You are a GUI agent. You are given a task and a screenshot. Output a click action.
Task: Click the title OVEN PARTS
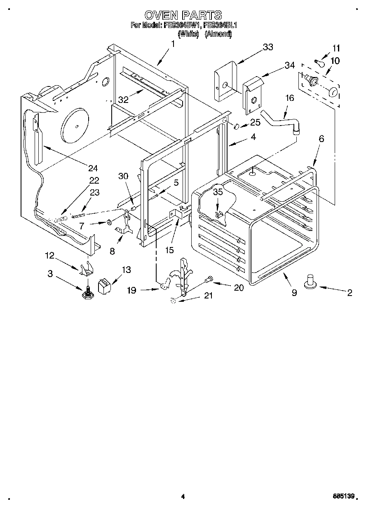coord(183,15)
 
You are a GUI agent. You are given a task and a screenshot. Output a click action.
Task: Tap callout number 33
coord(267,47)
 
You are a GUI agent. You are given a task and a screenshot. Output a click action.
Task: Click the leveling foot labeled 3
coord(88,293)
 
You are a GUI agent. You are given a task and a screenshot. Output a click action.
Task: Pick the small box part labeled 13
coord(104,285)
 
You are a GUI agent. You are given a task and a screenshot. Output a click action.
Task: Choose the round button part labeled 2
coord(310,283)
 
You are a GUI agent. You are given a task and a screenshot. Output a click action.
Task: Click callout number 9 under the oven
coord(294,293)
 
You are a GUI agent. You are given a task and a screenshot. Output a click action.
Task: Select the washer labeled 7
coord(108,223)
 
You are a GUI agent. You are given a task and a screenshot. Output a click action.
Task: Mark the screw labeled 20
coord(209,280)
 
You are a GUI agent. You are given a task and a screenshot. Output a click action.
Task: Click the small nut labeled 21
coord(173,302)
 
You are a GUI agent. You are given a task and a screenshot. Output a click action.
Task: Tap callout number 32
coord(123,99)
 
